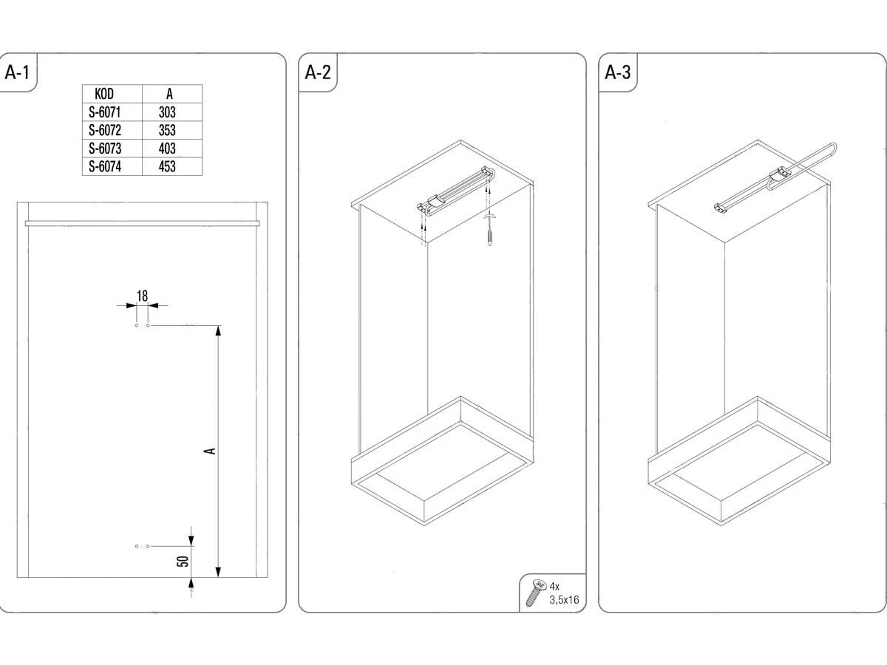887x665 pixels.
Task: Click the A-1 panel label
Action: click(x=17, y=72)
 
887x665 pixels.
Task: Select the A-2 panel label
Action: click(x=318, y=72)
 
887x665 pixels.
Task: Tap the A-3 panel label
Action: click(x=617, y=72)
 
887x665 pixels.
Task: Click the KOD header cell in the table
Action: click(x=104, y=94)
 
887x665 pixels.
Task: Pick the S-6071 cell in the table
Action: click(x=105, y=112)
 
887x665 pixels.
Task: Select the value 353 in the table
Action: click(x=167, y=131)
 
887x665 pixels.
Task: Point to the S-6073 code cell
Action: click(x=105, y=149)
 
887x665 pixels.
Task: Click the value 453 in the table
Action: click(x=167, y=167)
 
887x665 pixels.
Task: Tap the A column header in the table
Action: click(x=170, y=94)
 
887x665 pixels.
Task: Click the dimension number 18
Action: click(x=142, y=296)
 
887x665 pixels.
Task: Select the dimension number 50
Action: click(x=183, y=562)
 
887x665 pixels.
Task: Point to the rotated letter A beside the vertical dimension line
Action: click(x=211, y=451)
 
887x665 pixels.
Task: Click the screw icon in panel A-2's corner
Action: click(x=536, y=593)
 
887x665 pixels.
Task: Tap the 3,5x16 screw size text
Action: click(x=564, y=600)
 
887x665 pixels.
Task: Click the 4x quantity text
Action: click(x=554, y=586)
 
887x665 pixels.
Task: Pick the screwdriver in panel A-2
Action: click(x=490, y=230)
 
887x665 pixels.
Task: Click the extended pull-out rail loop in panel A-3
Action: click(x=802, y=166)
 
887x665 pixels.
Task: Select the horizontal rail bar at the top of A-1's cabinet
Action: click(x=142, y=223)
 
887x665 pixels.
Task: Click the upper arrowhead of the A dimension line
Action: click(x=218, y=331)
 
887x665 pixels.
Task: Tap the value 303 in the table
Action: click(x=167, y=112)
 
